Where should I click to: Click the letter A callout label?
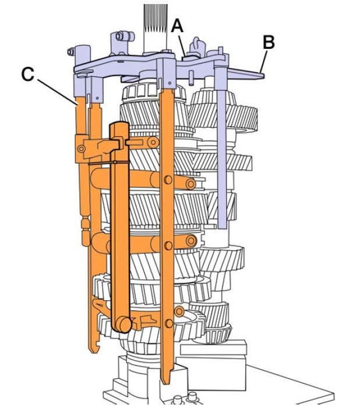(x=177, y=25)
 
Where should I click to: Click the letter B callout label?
(x=268, y=43)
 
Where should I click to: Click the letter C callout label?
(x=27, y=75)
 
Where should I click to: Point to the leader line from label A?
(x=182, y=44)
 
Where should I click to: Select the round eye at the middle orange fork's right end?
(x=190, y=239)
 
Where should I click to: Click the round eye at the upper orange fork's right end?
(x=190, y=184)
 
